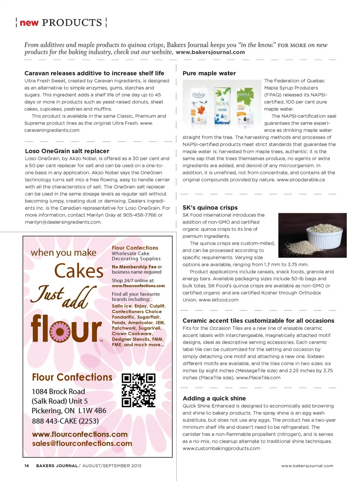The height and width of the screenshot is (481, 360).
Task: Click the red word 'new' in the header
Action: click(29, 23)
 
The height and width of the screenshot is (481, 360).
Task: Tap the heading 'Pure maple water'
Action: click(209, 73)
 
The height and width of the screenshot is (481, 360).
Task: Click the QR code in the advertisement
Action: click(138, 390)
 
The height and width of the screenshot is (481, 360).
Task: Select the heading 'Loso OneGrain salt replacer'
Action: click(67, 151)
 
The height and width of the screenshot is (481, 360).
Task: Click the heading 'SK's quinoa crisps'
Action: click(210, 208)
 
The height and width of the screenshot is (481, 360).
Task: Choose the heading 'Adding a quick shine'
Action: click(214, 399)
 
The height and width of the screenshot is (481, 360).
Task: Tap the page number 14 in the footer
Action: click(27, 466)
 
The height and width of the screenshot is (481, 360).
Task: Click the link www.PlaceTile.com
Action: click(258, 378)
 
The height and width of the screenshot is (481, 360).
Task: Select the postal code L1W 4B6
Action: click(92, 411)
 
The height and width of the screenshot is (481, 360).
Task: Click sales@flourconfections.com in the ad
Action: click(82, 444)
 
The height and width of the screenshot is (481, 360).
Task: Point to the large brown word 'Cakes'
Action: click(79, 271)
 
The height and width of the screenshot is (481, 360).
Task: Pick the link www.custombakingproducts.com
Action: click(221, 448)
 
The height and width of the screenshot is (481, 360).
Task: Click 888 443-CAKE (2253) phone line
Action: click(65, 421)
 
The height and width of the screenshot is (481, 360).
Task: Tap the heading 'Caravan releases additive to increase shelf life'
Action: click(94, 73)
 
